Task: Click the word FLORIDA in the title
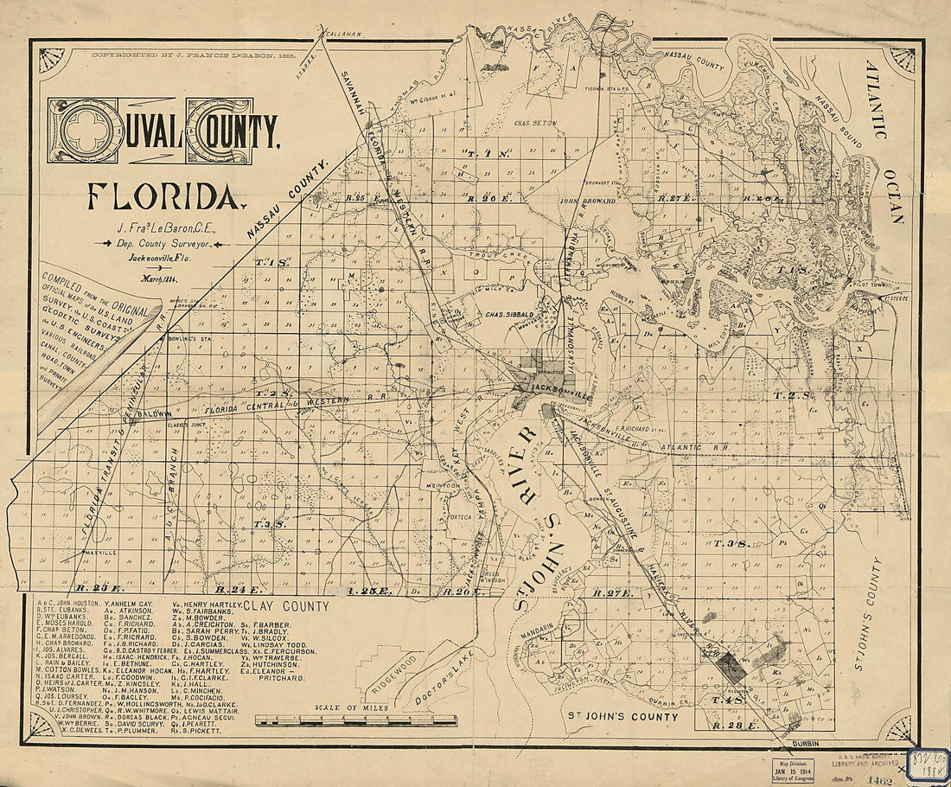162,197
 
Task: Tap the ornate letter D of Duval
86,131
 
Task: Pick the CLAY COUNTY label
286,606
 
